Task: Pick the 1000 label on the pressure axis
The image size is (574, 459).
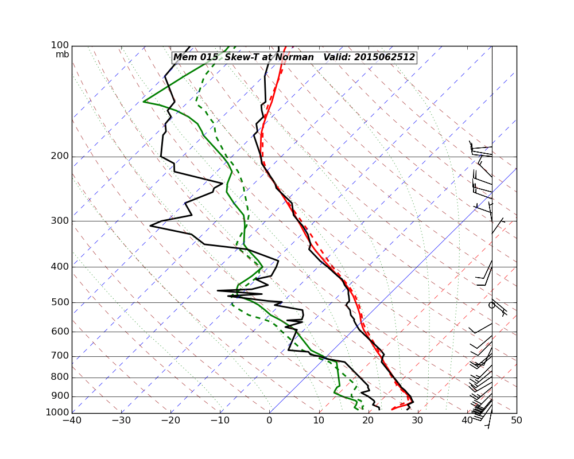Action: pyautogui.click(x=58, y=413)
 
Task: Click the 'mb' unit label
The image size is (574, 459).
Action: pyautogui.click(x=62, y=55)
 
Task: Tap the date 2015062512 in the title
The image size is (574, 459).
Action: pyautogui.click(x=384, y=57)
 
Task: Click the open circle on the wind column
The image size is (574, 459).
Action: pyautogui.click(x=491, y=305)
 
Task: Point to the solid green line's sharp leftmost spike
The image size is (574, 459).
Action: pyautogui.click(x=143, y=102)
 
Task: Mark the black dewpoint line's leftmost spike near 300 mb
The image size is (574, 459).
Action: pyautogui.click(x=150, y=225)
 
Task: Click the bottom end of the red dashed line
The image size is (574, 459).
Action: pyautogui.click(x=392, y=409)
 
